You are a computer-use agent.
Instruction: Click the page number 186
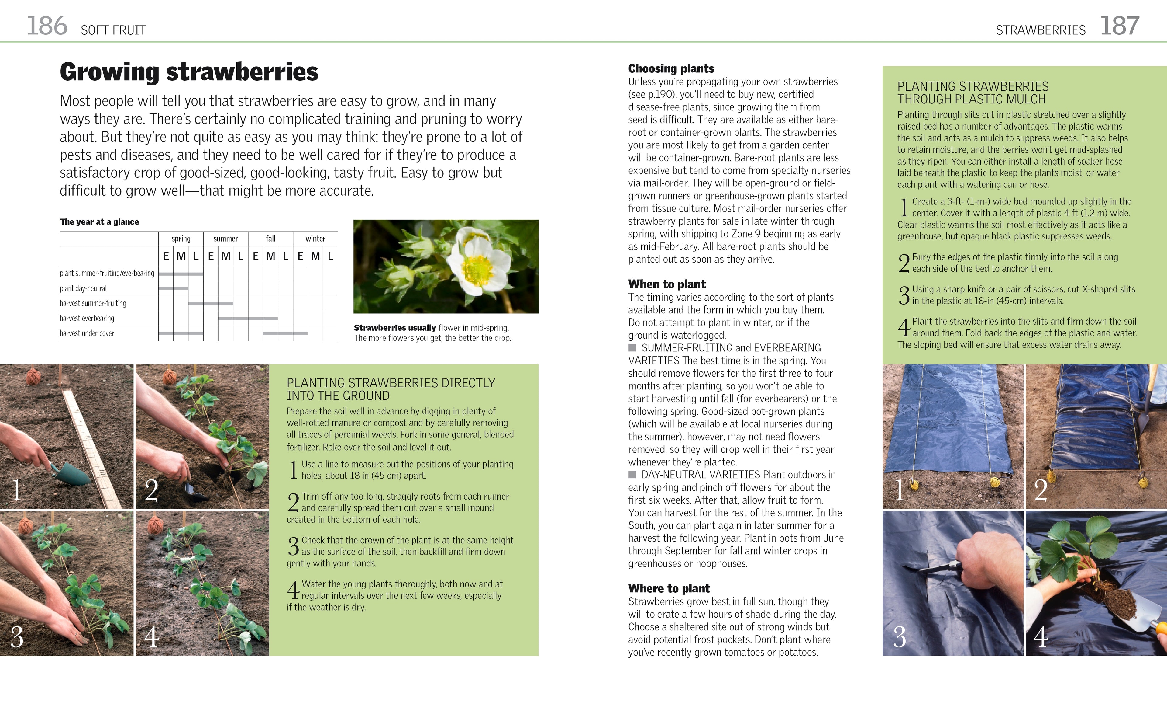coord(47,26)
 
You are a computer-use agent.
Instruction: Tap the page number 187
coord(1119,26)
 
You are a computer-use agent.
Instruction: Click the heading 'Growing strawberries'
coord(189,72)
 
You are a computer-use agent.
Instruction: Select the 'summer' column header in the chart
coord(225,239)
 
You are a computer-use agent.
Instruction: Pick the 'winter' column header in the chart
coord(315,239)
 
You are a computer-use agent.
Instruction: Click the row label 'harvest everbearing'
coord(87,318)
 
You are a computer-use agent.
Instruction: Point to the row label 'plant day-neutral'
coord(83,288)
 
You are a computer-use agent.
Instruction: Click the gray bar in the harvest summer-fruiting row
coord(211,303)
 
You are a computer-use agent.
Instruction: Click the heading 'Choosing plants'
coord(671,69)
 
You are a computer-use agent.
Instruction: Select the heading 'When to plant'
coord(667,284)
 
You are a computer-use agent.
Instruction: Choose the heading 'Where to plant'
coord(669,588)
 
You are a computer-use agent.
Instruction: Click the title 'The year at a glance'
coord(99,222)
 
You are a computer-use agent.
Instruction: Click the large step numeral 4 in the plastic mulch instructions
coord(904,327)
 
